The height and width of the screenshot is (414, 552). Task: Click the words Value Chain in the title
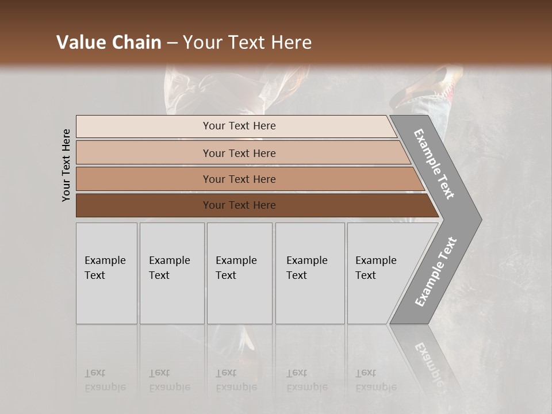[x=109, y=43]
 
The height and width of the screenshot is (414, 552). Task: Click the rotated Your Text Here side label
[x=66, y=165]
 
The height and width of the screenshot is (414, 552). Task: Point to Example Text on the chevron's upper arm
[x=434, y=164]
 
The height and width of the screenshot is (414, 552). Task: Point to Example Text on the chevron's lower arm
[x=436, y=271]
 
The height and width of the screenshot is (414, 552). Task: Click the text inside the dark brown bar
[x=239, y=205]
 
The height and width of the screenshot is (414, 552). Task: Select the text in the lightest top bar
[x=239, y=126]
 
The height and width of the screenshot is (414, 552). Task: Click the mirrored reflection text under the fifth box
[x=375, y=380]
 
